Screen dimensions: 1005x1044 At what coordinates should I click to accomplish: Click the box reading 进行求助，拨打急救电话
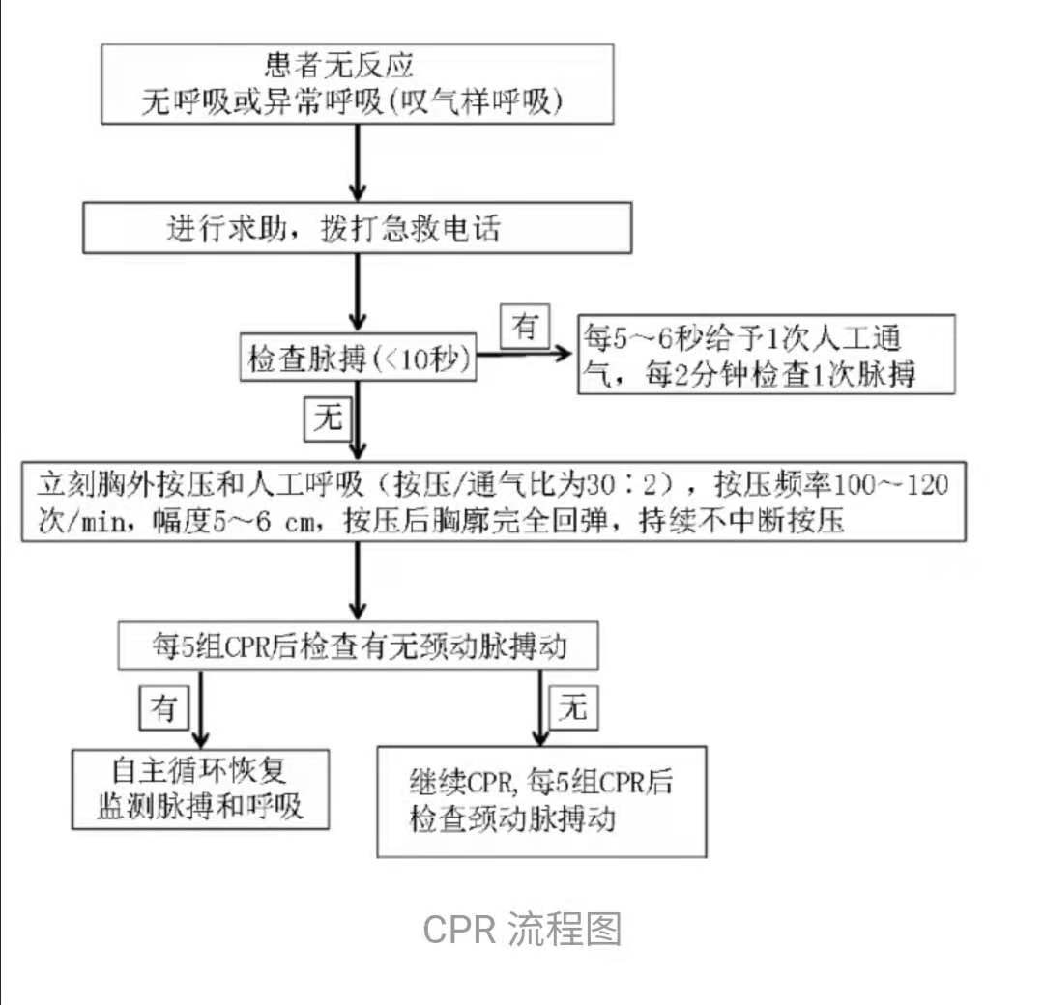tap(358, 229)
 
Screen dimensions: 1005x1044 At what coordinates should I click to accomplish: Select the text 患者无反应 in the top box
tap(339, 67)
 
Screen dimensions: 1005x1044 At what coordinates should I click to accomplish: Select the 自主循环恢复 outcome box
tap(201, 789)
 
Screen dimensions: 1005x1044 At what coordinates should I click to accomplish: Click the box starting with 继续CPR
tap(540, 800)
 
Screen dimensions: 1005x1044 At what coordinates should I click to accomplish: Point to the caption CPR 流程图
tap(522, 929)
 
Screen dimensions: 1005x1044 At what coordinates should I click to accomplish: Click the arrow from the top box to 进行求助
tap(359, 161)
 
